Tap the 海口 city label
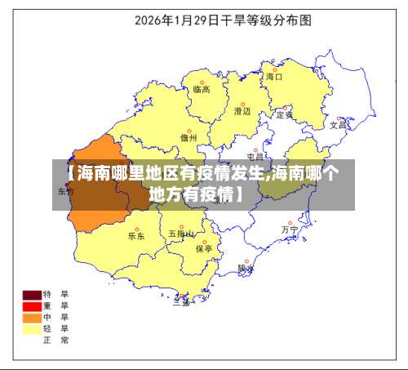[x=273, y=77]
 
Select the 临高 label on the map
[x=202, y=90]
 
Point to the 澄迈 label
[x=242, y=110]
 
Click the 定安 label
[x=285, y=115]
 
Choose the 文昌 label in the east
[x=338, y=127]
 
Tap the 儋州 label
[x=188, y=139]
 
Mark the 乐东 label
[x=135, y=236]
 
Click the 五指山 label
[x=181, y=234]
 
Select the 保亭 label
[x=204, y=248]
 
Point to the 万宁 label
[x=290, y=230]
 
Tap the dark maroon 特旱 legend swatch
[x=32, y=294]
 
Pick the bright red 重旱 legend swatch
[x=32, y=306]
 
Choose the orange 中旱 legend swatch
[x=32, y=318]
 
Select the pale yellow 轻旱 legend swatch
[x=32, y=329]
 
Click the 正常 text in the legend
[x=61, y=341]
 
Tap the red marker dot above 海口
[x=271, y=69]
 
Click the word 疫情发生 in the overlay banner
[x=233, y=174]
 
